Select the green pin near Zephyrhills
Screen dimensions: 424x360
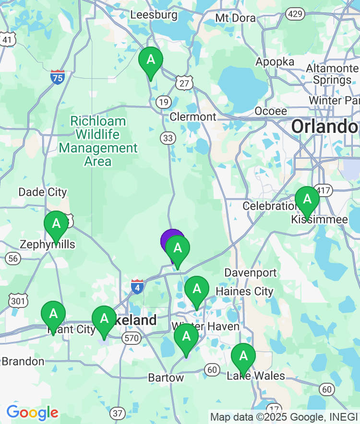click(x=56, y=224)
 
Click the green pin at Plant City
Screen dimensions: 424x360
click(x=53, y=315)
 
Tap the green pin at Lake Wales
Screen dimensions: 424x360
click(x=243, y=356)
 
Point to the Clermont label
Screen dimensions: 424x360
click(x=193, y=117)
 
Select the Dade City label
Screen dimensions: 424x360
click(x=42, y=192)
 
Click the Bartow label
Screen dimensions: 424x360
click(x=166, y=378)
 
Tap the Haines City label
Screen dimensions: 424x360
click(x=244, y=291)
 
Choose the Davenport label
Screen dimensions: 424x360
click(x=251, y=273)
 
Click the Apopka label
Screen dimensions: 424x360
click(x=275, y=62)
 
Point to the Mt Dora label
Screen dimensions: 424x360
click(x=235, y=18)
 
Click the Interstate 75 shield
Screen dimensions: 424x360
click(x=58, y=77)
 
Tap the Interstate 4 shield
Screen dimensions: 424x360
click(x=137, y=286)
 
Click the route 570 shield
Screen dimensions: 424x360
click(x=131, y=338)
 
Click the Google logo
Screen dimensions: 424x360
click(x=32, y=412)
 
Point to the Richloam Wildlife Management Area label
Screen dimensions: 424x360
click(x=98, y=141)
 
